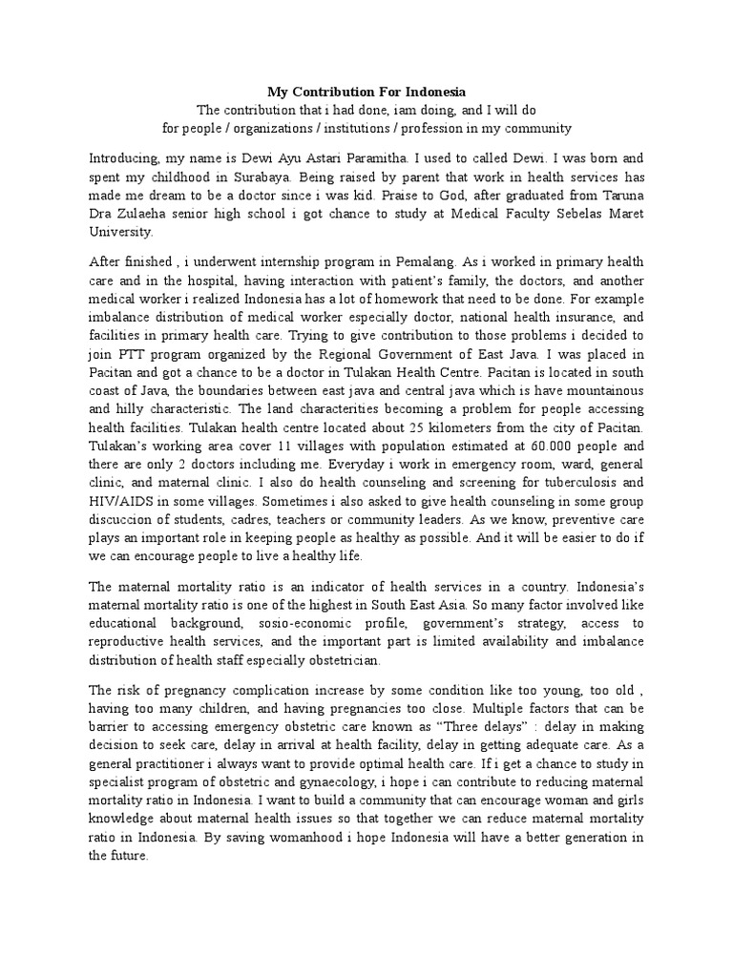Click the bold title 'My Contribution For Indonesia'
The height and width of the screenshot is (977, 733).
(x=366, y=92)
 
